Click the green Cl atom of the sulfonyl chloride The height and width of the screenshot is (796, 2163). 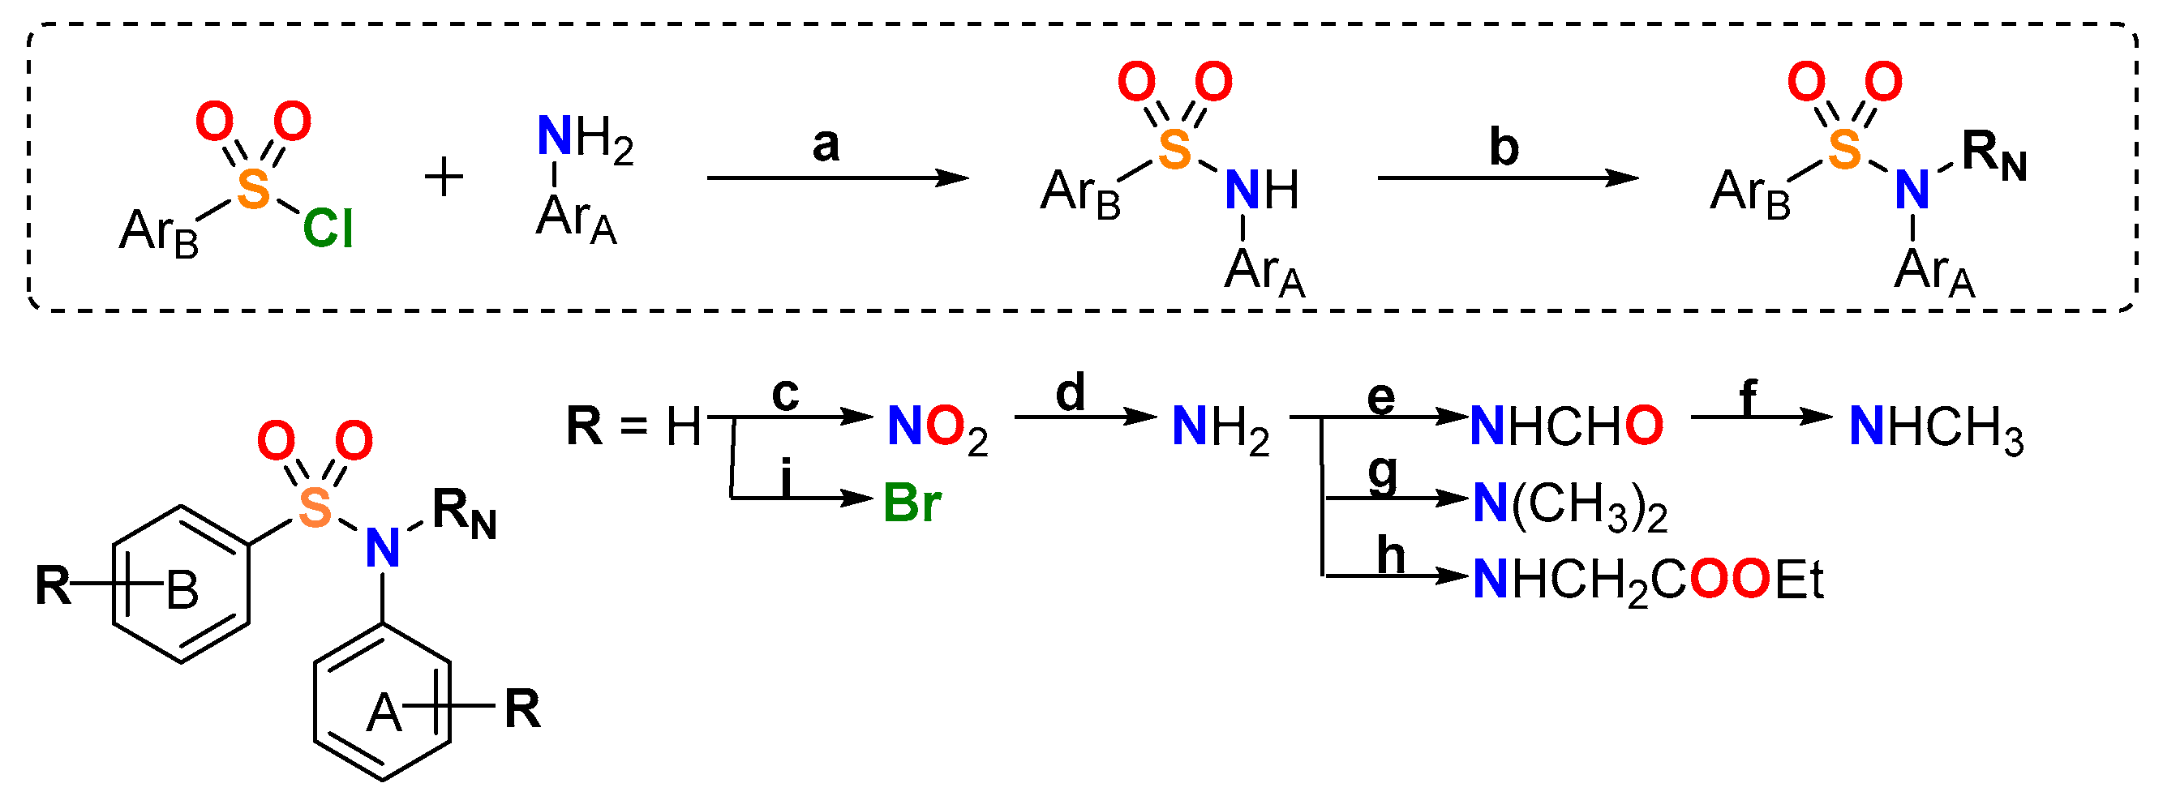[328, 229]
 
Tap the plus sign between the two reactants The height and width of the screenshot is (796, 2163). [444, 178]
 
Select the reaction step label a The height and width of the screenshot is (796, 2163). [826, 144]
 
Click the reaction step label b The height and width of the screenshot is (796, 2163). [1504, 147]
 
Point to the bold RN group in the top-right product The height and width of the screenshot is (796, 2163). [1994, 156]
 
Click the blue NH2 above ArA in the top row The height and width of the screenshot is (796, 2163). [585, 137]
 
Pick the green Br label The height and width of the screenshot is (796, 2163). [912, 504]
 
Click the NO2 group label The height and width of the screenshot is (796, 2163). [937, 428]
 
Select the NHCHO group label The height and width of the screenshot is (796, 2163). [1567, 426]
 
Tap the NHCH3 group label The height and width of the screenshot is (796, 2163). [1936, 428]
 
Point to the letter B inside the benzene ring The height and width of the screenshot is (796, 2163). [182, 590]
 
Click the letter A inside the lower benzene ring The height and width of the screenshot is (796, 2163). [384, 713]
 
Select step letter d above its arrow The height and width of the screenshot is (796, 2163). [1071, 392]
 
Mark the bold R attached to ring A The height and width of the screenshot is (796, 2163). [522, 709]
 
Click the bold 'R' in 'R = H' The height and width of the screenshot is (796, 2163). [585, 426]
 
